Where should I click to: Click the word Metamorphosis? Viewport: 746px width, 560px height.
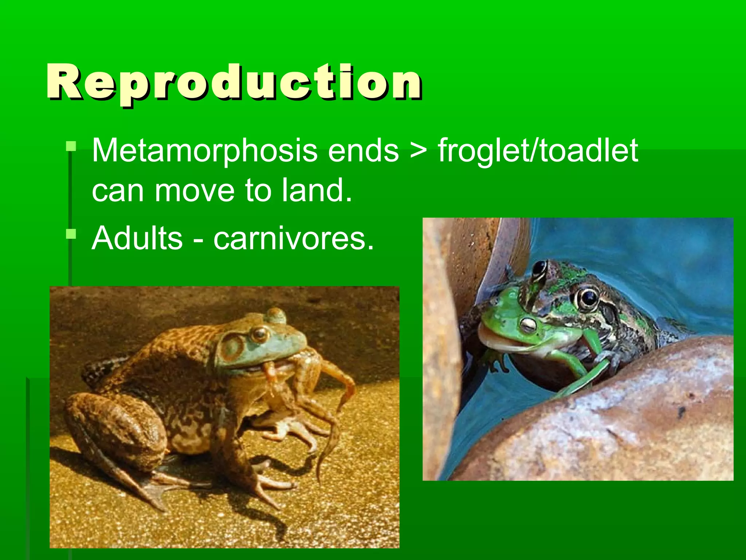pyautogui.click(x=204, y=151)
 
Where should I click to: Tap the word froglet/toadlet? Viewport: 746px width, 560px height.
pyautogui.click(x=538, y=151)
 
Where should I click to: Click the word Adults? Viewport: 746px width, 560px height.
pyautogui.click(x=137, y=238)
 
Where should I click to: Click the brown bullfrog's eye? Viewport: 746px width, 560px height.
pyautogui.click(x=260, y=334)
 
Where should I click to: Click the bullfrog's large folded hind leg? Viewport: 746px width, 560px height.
pyautogui.click(x=117, y=423)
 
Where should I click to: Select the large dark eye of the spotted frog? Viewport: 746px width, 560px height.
pyautogui.click(x=587, y=297)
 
